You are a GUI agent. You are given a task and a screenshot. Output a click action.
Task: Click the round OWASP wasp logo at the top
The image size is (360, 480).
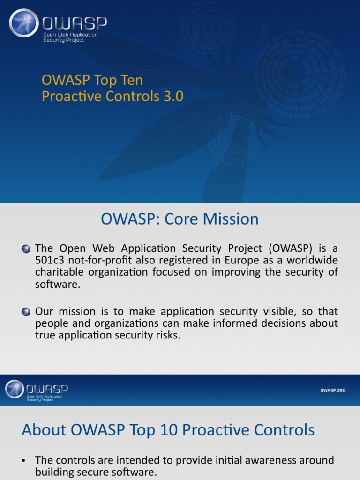click(24, 23)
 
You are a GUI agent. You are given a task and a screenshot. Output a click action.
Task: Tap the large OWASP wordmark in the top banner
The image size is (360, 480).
click(75, 23)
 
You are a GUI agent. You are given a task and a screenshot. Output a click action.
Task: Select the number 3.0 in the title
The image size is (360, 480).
click(173, 96)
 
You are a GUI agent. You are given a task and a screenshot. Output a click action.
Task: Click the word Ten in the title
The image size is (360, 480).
click(131, 80)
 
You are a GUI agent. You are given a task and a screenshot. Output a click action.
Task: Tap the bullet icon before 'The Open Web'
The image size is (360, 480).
click(26, 248)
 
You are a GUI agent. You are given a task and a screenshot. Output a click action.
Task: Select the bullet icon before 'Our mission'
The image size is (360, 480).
click(26, 312)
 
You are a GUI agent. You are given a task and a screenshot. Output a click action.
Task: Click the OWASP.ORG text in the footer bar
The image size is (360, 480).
click(332, 390)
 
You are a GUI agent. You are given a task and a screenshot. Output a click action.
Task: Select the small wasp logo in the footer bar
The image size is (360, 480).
click(14, 389)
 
